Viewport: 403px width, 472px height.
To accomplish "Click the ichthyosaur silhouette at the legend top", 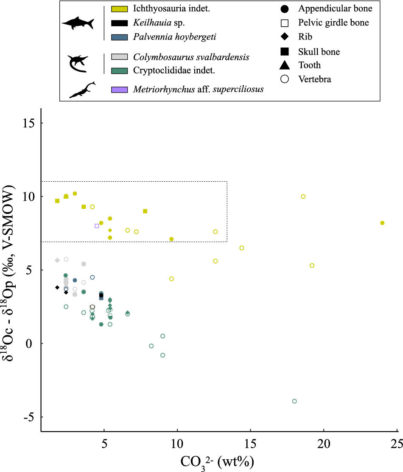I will [x=78, y=23].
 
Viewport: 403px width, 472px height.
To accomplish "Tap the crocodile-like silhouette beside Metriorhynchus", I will [x=82, y=90].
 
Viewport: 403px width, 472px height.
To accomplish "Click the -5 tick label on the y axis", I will [x=28, y=417].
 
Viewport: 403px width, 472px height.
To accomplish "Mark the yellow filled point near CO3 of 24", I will [x=382, y=223].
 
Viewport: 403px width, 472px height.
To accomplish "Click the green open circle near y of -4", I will [x=294, y=401].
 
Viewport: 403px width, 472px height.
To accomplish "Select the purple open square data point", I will [x=97, y=226].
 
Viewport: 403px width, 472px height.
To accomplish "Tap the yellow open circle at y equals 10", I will [x=303, y=197].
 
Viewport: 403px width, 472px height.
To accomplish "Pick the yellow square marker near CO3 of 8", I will [x=145, y=211].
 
